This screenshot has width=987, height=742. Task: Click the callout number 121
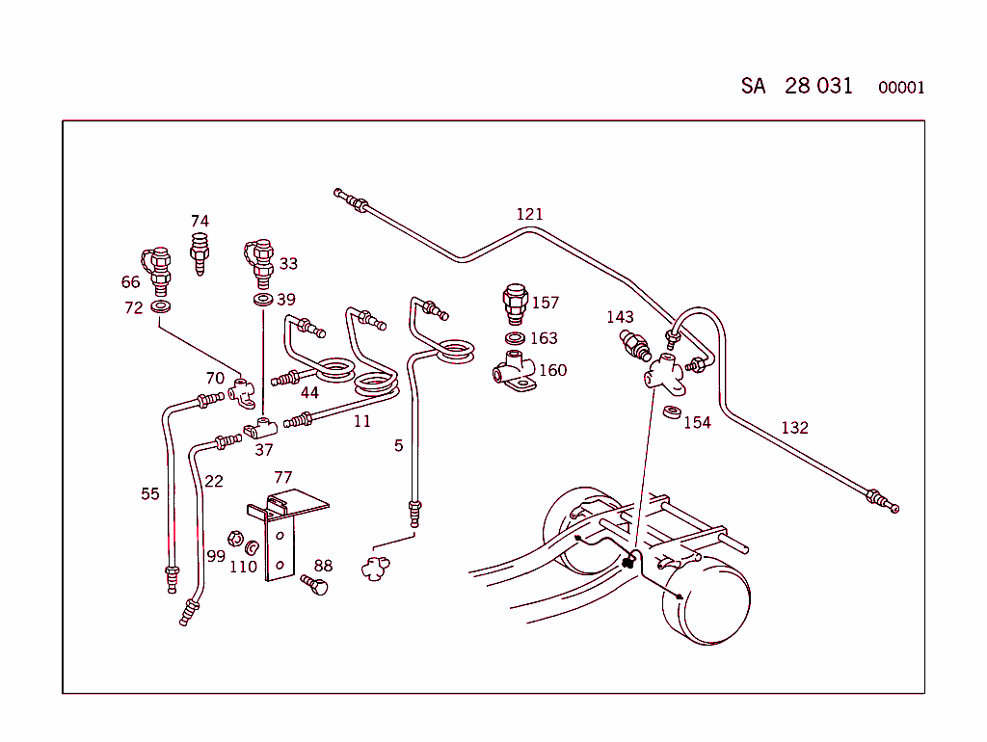click(529, 214)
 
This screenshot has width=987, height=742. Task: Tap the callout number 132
click(794, 428)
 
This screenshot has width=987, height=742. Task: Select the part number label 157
click(546, 303)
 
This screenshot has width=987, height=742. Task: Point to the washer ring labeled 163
click(516, 338)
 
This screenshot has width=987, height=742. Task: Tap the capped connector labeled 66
click(157, 269)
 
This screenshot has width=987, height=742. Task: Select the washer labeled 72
click(161, 307)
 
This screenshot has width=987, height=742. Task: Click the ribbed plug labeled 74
click(200, 252)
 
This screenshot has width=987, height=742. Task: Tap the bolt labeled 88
click(315, 584)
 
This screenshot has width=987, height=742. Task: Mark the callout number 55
click(150, 493)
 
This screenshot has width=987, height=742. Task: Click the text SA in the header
click(753, 86)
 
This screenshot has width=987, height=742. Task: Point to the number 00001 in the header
click(901, 88)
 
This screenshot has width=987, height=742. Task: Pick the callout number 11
click(361, 421)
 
